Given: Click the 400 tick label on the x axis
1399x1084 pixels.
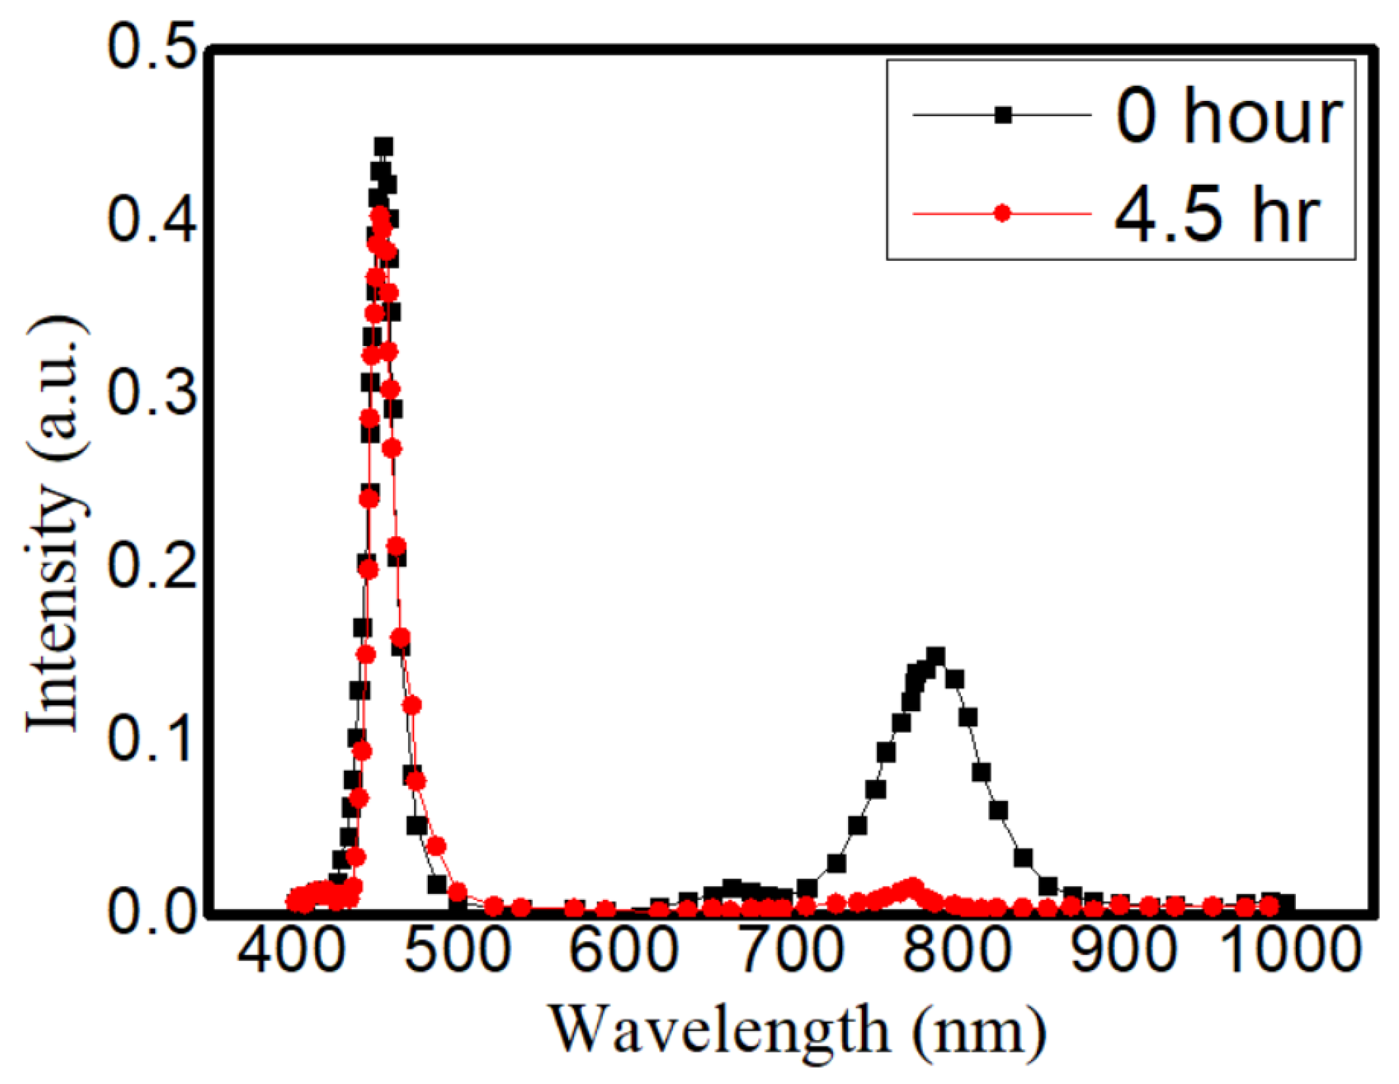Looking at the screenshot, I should tap(291, 950).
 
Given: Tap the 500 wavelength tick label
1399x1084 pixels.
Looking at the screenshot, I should tap(458, 950).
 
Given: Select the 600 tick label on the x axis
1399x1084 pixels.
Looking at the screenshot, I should tap(624, 950).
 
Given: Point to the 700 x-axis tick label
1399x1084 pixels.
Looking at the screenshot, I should tap(791, 950).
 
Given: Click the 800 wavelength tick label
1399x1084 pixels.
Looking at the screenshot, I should tap(957, 950).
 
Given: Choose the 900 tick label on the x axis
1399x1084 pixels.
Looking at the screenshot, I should tap(1124, 950).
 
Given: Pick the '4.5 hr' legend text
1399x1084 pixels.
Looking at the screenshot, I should tap(1216, 215).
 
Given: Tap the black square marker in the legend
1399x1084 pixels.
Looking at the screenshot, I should tap(1003, 115).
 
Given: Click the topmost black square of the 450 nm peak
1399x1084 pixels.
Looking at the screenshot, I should tap(383, 147).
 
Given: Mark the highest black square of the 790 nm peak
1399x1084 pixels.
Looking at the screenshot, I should tap(935, 656).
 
